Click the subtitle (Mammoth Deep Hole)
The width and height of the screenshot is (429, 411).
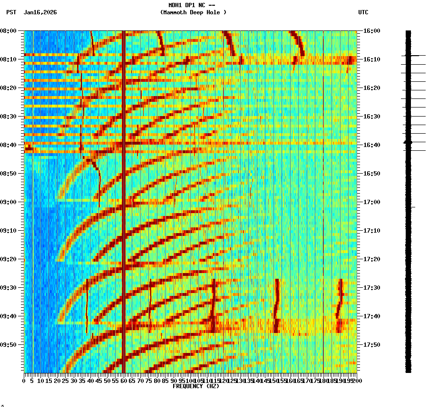point(193,12)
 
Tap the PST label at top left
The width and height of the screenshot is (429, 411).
point(11,12)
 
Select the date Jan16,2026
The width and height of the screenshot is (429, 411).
point(40,12)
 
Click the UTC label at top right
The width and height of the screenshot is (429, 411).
point(363,12)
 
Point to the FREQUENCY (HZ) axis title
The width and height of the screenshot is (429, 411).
point(195,386)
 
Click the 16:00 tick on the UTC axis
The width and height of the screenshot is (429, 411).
point(371,31)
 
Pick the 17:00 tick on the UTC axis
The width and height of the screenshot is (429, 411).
point(371,202)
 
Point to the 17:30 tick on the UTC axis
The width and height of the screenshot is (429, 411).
point(371,288)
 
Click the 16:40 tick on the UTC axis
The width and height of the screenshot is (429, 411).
point(371,145)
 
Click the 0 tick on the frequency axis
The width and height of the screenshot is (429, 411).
point(24,381)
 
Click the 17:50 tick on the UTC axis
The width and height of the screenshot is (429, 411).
point(371,345)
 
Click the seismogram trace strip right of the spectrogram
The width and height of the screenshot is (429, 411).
point(408,200)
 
